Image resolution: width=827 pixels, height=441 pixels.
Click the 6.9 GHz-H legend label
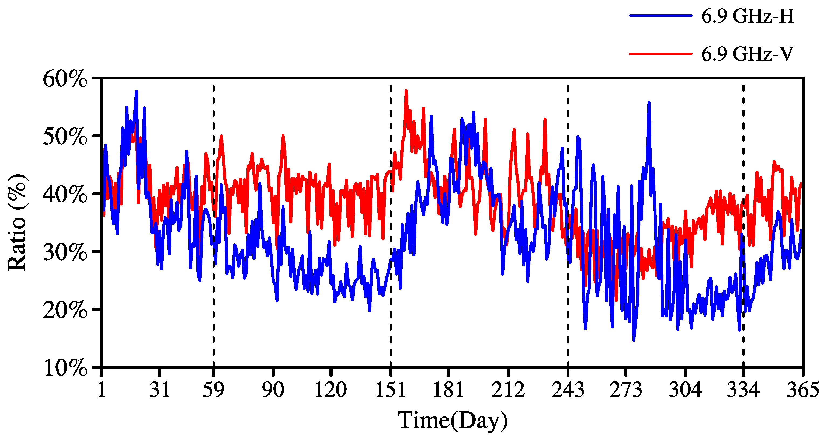[x=747, y=16]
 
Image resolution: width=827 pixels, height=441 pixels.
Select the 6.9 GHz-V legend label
[x=747, y=54]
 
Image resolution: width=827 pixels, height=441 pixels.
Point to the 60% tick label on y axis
[x=65, y=79]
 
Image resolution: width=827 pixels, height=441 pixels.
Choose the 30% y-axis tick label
[x=65, y=252]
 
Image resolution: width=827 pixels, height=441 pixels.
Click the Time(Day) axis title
[x=453, y=421]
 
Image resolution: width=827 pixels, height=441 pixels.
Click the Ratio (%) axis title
[x=18, y=223]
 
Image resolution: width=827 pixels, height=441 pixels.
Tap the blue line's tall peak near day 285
[x=649, y=102]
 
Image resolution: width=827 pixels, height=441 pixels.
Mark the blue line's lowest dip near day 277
[x=633, y=340]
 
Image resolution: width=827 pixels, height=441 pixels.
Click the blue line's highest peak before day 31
[x=137, y=92]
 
